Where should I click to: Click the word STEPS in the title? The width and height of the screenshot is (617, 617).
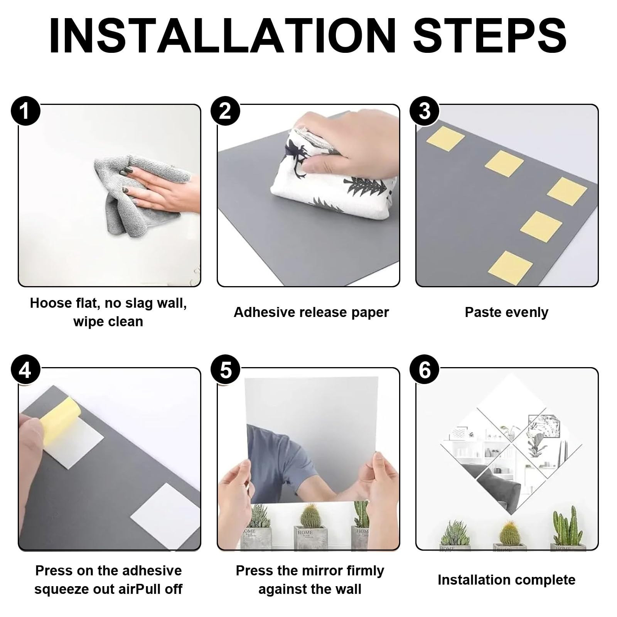coord(490,35)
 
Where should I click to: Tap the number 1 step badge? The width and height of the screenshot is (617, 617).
coord(25,111)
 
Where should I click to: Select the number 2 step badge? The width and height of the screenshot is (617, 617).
coord(225,111)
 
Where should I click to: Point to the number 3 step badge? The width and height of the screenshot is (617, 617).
coord(425,111)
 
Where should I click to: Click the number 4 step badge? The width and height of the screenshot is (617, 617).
coord(25,370)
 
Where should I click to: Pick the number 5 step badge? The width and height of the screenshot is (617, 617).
coord(225,370)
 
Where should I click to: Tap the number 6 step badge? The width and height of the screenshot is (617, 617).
coord(425,370)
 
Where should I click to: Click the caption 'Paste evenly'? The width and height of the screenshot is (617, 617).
coord(506,312)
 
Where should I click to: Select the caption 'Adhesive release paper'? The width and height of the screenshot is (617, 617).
coord(311,312)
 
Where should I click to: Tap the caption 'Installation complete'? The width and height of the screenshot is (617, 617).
coord(506,580)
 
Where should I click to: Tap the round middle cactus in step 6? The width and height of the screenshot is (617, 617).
coord(509,533)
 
